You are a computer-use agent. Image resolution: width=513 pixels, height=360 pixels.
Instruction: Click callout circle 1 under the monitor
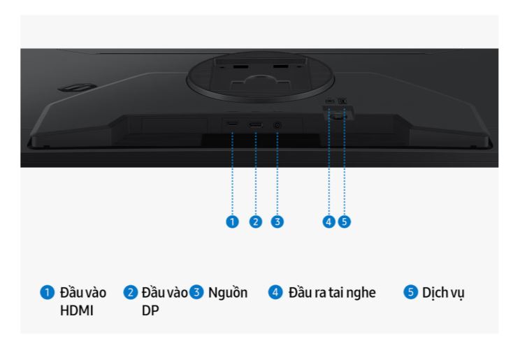pyautogui.click(x=232, y=222)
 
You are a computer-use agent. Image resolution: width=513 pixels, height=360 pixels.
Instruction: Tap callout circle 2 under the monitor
pyautogui.click(x=256, y=222)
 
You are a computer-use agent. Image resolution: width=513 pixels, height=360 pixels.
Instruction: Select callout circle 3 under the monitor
pyautogui.click(x=277, y=222)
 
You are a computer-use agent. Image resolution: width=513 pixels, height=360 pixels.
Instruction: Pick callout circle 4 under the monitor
pyautogui.click(x=328, y=222)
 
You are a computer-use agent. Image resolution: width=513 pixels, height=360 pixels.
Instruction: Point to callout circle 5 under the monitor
pyautogui.click(x=344, y=222)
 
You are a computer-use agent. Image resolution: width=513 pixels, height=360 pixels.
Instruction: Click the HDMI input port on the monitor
pyautogui.click(x=232, y=124)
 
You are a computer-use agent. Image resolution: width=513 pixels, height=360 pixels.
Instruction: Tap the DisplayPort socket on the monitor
pyautogui.click(x=256, y=124)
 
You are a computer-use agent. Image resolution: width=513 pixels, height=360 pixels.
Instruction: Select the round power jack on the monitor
pyautogui.click(x=277, y=125)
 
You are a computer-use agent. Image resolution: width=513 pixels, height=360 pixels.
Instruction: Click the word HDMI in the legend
pyautogui.click(x=77, y=310)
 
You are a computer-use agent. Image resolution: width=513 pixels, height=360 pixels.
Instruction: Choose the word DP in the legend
pyautogui.click(x=150, y=310)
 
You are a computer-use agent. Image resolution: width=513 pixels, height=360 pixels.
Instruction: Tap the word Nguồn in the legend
pyautogui.click(x=228, y=293)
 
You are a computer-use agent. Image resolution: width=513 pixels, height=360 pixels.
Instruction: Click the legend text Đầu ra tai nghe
pyautogui.click(x=332, y=293)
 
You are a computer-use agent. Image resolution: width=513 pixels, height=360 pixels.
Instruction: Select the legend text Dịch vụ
pyautogui.click(x=443, y=293)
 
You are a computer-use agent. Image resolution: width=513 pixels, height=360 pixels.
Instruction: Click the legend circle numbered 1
pyautogui.click(x=47, y=292)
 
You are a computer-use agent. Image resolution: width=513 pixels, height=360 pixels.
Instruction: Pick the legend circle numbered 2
pyautogui.click(x=130, y=292)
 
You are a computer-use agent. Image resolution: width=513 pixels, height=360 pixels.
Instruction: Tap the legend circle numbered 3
pyautogui.click(x=196, y=292)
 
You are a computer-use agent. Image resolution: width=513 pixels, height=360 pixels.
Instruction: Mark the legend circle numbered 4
pyautogui.click(x=275, y=292)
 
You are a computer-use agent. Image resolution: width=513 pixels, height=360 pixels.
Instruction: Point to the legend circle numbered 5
pyautogui.click(x=410, y=292)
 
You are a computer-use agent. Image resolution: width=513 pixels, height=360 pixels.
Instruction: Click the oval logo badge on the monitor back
pyautogui.click(x=77, y=87)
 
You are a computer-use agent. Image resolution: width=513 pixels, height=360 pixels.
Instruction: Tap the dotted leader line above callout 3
pyautogui.click(x=277, y=173)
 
